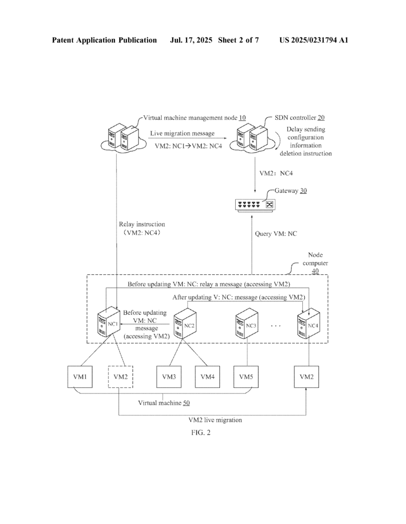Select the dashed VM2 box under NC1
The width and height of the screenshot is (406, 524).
click(120, 377)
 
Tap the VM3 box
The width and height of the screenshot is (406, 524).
click(169, 377)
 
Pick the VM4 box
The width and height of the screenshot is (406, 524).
click(207, 377)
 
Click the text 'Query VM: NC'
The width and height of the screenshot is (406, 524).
click(276, 234)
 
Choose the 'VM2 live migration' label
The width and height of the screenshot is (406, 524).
click(215, 420)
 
